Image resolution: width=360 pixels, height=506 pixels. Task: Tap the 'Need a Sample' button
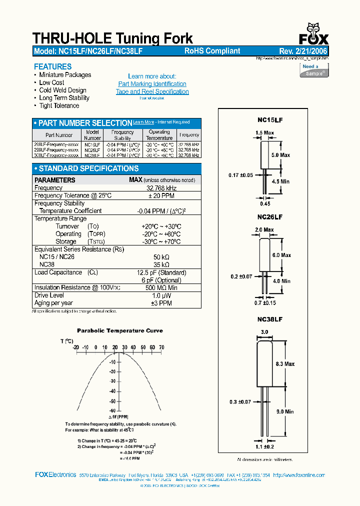314,70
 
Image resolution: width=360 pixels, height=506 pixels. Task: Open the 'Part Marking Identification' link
152,84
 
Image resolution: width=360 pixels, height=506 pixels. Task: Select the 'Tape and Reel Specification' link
152,91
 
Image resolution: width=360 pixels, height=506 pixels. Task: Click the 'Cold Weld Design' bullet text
62,90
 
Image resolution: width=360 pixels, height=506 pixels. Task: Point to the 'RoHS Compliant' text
212,51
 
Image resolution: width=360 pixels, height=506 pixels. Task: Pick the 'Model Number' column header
92,135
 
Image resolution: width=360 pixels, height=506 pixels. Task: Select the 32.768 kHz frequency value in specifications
161,188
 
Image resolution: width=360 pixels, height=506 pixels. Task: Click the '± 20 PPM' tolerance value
161,195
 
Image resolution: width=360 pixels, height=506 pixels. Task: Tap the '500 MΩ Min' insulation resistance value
161,287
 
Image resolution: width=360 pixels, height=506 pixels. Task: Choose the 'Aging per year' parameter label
53,303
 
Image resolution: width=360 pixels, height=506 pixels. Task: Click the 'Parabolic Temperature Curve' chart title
119,330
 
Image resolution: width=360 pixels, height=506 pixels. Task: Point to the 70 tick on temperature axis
161,347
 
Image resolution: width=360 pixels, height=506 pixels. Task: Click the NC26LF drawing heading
270,217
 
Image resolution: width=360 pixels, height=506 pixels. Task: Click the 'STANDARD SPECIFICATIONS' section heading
88,168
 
